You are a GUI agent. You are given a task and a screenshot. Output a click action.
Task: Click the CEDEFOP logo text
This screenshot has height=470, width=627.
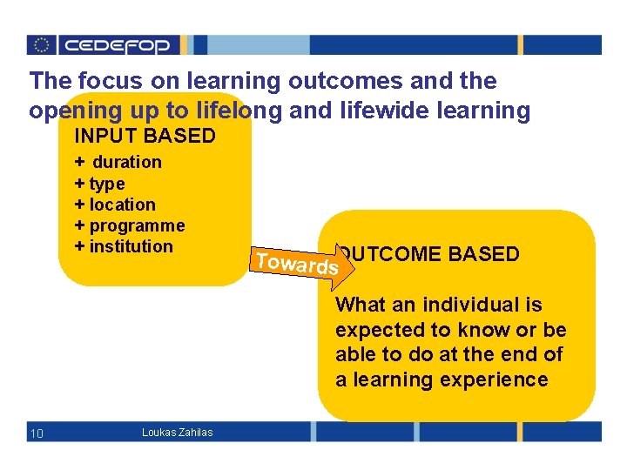(x=120, y=45)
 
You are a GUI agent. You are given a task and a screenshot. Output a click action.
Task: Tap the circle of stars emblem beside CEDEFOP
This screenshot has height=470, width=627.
(x=42, y=45)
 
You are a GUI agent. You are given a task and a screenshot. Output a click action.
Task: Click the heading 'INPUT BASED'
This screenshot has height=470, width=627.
(x=145, y=136)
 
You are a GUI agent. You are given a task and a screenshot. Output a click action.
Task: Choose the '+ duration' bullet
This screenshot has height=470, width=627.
(x=118, y=162)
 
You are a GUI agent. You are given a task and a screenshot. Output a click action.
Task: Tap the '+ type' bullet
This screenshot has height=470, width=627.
(x=100, y=184)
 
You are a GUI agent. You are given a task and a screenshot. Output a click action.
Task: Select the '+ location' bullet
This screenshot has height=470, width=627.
(x=115, y=205)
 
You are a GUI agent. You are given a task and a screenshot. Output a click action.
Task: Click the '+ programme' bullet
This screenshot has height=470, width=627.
(x=130, y=225)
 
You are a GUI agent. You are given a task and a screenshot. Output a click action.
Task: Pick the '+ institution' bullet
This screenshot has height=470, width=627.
(x=124, y=246)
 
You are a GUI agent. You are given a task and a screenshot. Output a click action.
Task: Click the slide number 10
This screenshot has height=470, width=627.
(x=37, y=433)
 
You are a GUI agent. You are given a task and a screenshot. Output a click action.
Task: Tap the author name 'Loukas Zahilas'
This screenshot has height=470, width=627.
(x=177, y=433)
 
